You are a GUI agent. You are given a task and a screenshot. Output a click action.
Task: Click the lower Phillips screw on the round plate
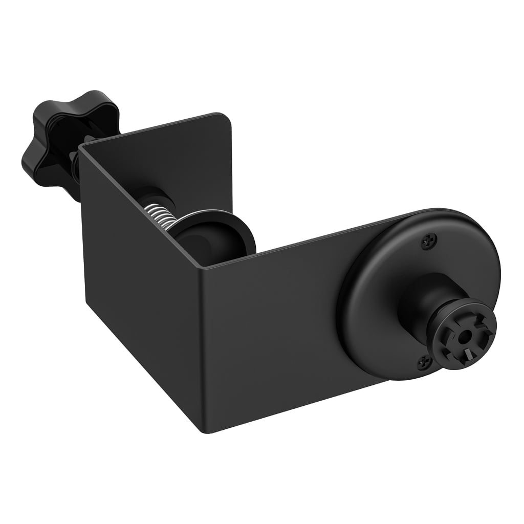[423, 362]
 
